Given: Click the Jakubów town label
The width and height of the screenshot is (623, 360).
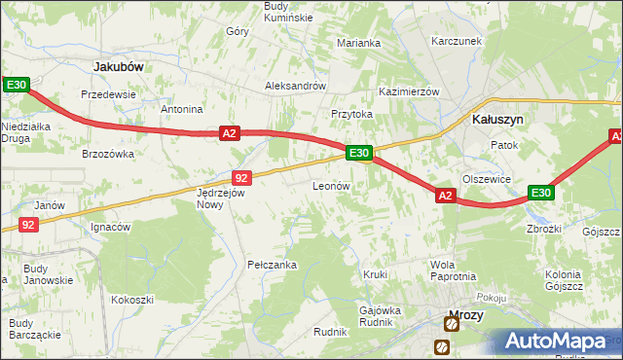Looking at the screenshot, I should [118, 66].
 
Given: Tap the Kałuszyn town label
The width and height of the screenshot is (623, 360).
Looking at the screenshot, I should [497, 119].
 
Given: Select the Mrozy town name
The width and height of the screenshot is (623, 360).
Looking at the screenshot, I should [465, 315].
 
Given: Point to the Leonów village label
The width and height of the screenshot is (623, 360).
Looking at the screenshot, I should [331, 185].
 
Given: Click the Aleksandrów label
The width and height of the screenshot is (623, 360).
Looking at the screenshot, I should [295, 86].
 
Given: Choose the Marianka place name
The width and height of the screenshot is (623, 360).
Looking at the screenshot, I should [358, 43].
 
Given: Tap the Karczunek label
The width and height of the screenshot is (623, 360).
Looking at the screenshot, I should [458, 42].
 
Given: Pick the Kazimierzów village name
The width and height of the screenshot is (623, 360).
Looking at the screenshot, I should [410, 90].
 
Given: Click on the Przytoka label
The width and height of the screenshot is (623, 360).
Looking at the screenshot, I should [351, 114].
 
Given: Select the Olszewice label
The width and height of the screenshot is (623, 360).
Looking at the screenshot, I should [487, 179].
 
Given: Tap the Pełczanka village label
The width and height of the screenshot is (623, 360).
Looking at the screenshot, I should [272, 265].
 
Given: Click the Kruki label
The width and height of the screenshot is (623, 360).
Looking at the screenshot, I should [375, 274].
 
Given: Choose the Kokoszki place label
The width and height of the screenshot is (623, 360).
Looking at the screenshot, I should [132, 300].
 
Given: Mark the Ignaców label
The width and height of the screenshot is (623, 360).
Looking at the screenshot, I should [110, 228].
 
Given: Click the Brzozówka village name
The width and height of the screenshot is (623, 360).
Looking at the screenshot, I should [107, 154].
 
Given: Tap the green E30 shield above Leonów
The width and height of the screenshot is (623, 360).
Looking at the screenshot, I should [358, 153].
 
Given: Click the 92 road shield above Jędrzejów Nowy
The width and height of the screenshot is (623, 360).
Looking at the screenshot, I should [242, 177].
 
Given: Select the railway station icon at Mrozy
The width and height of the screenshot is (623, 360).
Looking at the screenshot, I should [442, 346].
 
